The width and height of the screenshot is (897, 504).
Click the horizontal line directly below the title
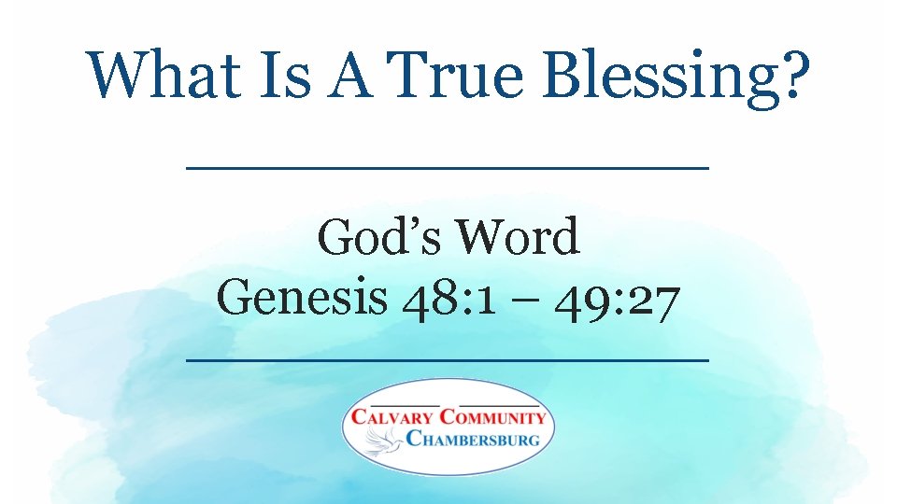tap(448, 168)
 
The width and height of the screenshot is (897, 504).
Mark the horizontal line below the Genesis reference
tap(448, 359)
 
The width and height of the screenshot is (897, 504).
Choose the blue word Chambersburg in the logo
tap(473, 438)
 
